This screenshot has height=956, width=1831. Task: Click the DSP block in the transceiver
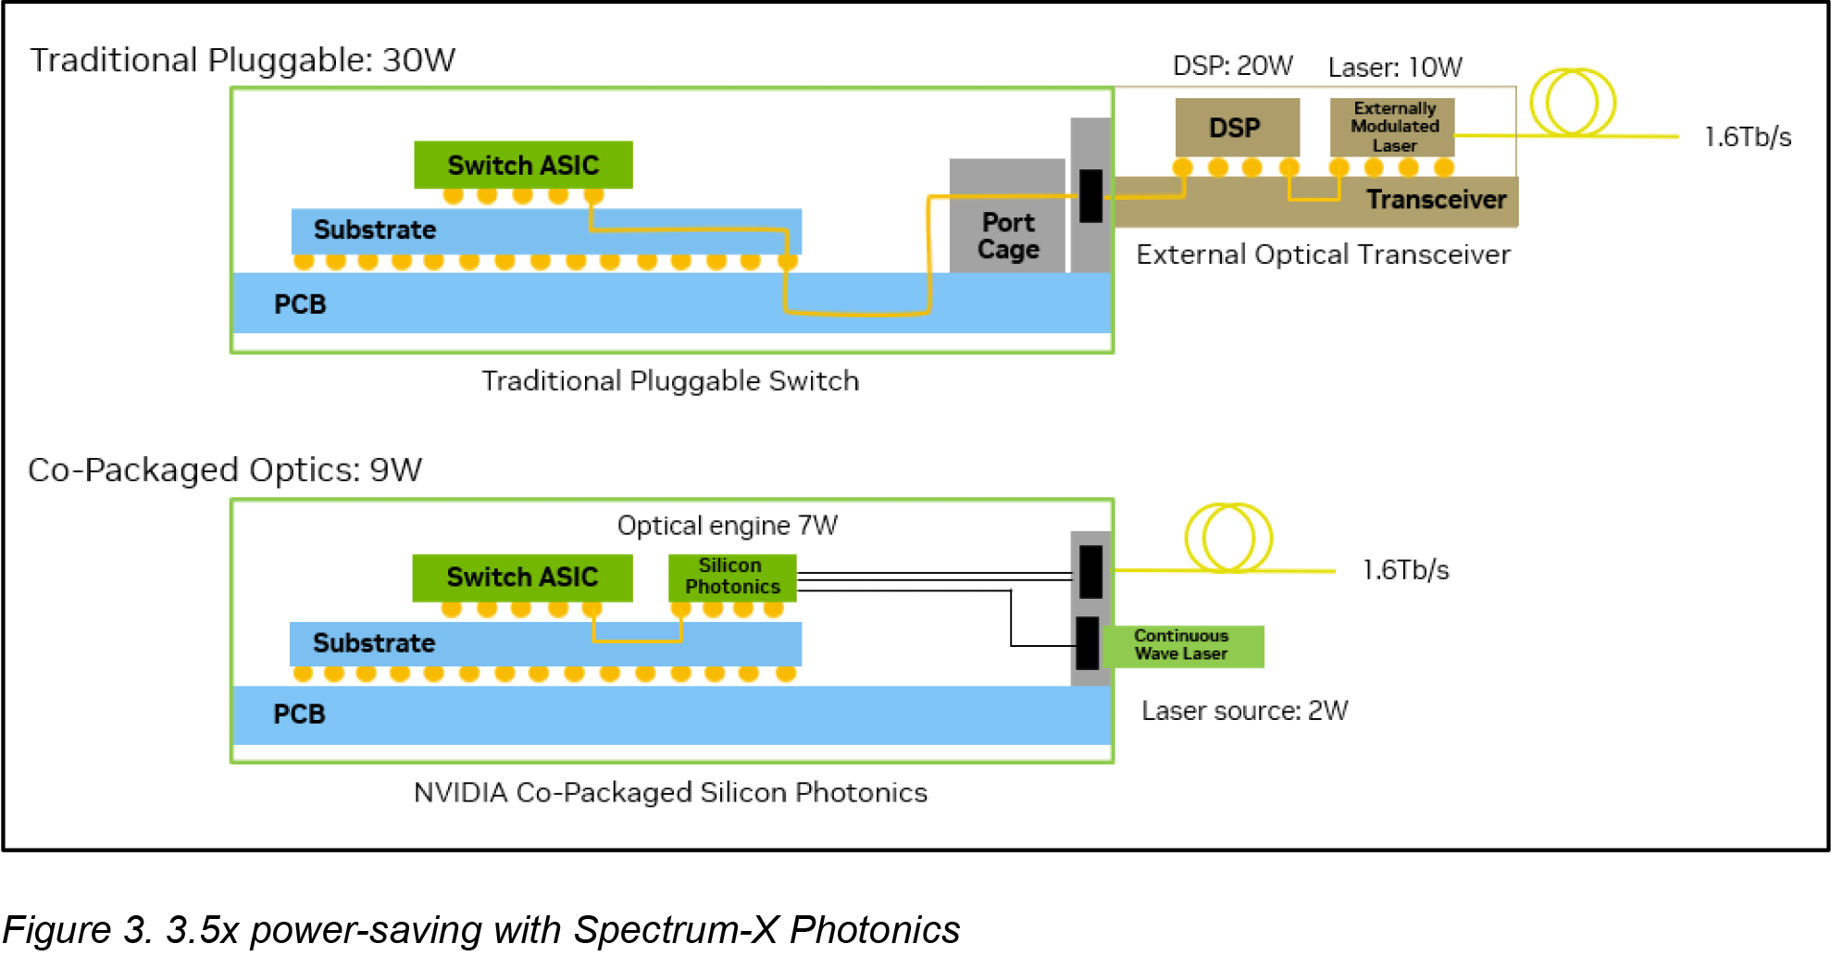click(1237, 128)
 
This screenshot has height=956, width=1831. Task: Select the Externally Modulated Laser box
click(1392, 127)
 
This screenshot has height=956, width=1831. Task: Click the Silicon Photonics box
click(732, 577)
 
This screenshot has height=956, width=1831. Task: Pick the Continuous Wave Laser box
click(1182, 645)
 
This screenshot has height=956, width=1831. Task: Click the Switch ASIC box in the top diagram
click(523, 165)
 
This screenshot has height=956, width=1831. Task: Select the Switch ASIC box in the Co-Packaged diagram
click(522, 577)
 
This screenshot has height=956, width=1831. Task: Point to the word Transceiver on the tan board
click(1436, 200)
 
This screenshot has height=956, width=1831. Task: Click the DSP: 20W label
click(1232, 67)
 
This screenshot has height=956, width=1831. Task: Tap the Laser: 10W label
click(1394, 68)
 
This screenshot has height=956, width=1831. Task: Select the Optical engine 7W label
click(727, 526)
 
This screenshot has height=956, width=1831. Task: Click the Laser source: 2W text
click(1244, 711)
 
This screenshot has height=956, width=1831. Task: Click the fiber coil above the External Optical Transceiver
click(1572, 103)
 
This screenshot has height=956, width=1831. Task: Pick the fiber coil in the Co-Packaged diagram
click(1227, 538)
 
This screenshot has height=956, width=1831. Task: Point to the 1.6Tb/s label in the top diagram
click(1747, 137)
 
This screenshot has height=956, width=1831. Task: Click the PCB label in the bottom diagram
click(299, 714)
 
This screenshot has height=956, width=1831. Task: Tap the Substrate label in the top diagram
click(374, 230)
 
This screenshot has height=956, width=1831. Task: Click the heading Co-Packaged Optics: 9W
click(225, 470)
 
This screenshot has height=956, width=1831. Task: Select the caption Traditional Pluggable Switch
click(670, 381)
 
